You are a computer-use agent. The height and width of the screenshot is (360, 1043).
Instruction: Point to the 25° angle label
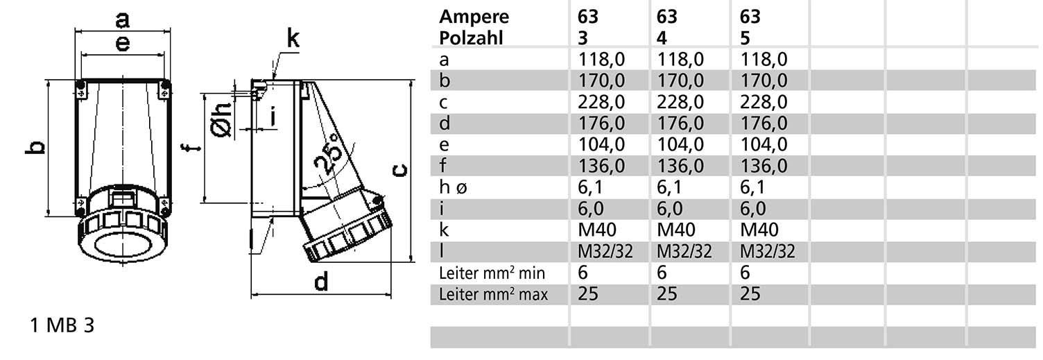click(327, 153)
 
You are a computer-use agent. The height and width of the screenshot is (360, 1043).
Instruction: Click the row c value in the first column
click(601, 103)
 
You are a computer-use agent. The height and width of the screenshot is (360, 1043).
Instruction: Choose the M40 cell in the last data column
click(759, 229)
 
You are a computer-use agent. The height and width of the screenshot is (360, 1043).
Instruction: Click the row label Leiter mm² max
click(494, 294)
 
